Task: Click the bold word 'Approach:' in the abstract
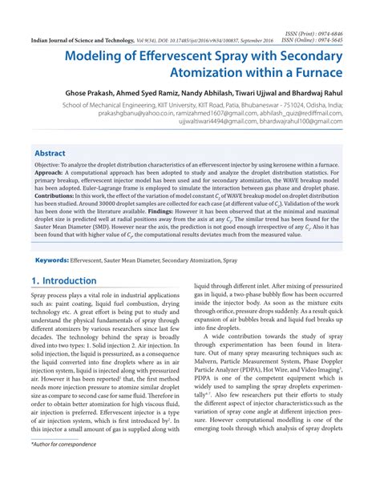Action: click(51, 175)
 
